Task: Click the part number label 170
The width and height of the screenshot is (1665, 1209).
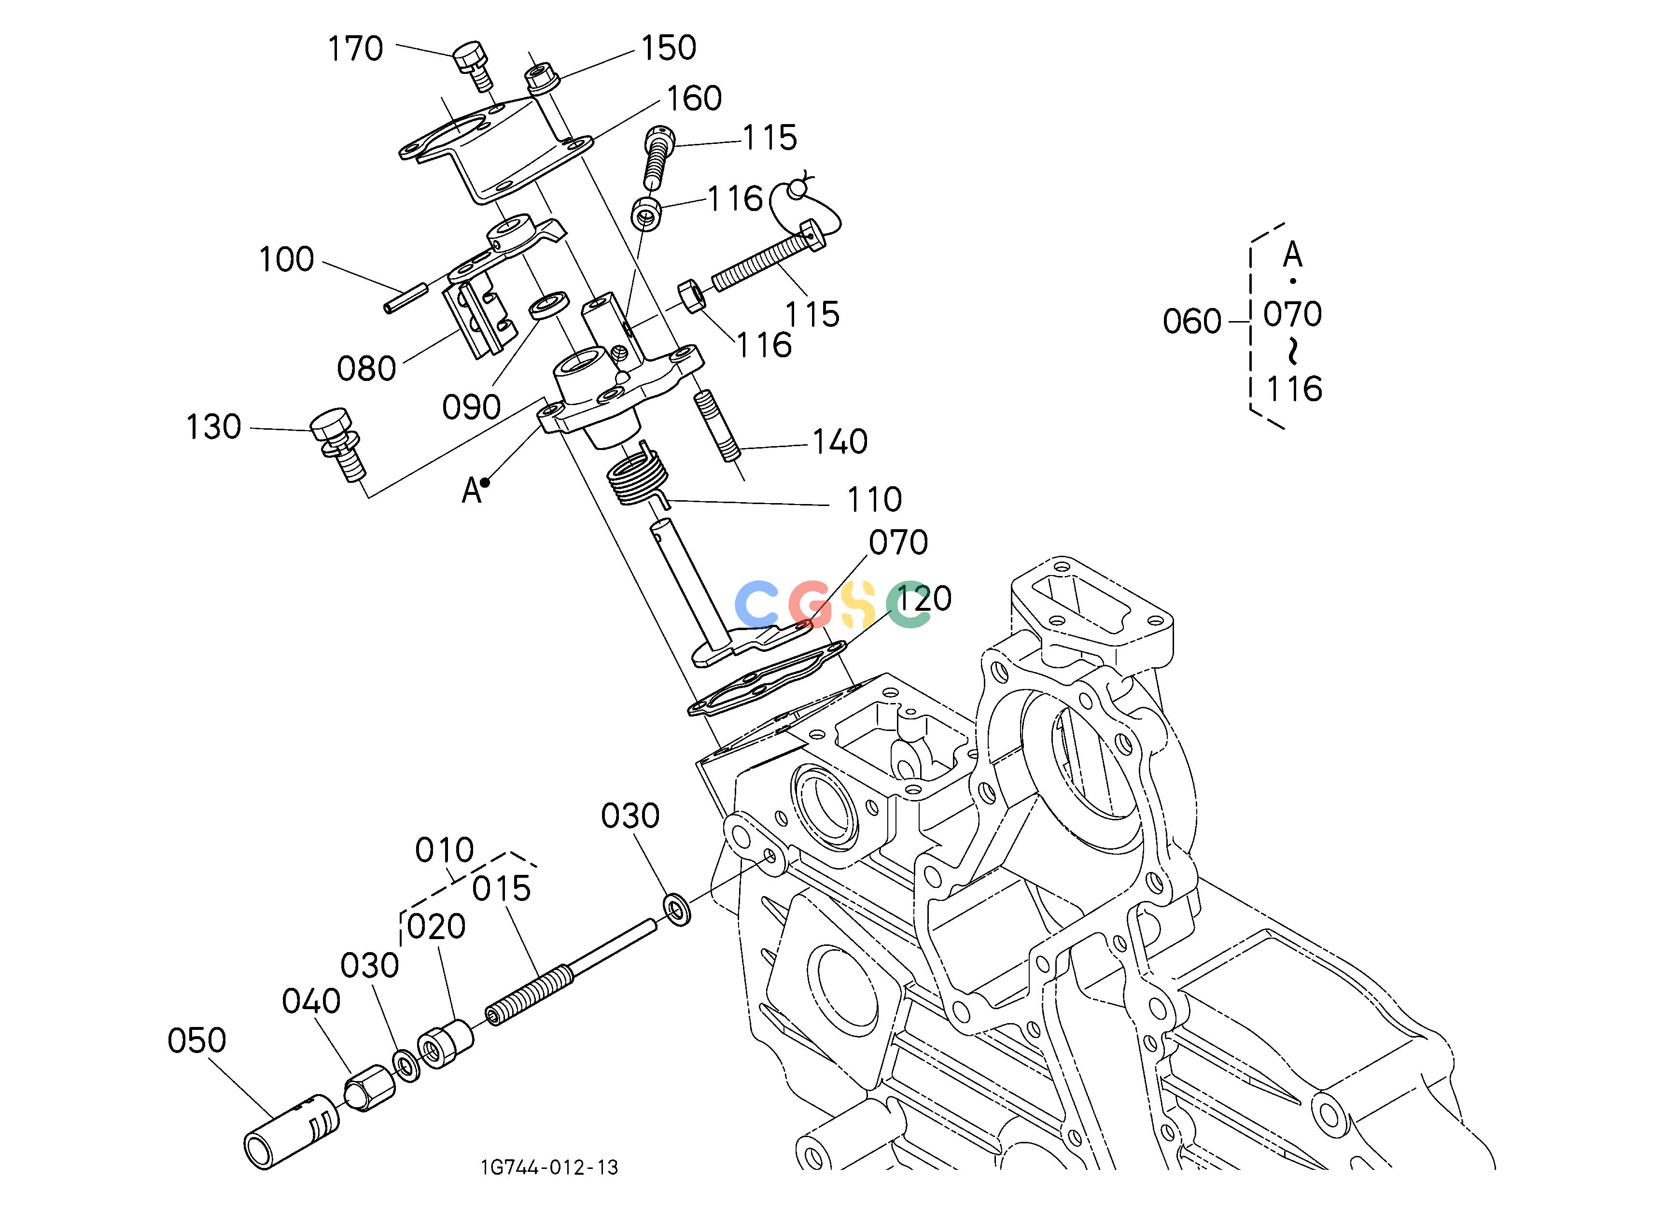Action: click(355, 49)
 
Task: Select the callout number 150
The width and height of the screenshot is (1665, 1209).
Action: click(669, 48)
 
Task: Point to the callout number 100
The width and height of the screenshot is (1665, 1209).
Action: click(286, 259)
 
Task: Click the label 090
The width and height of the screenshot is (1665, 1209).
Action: click(471, 407)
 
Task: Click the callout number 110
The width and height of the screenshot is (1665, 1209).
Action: click(874, 500)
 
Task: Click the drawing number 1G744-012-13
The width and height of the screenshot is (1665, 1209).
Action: click(549, 1167)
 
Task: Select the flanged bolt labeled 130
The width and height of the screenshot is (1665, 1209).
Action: click(338, 444)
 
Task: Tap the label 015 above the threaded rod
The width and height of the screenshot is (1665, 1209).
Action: click(502, 889)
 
